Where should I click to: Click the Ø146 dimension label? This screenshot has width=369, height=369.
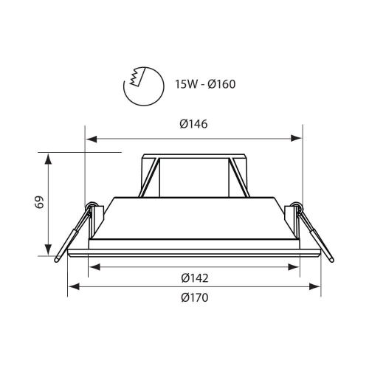pyautogui.click(x=193, y=125)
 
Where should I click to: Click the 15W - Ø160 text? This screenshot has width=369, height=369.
pyautogui.click(x=205, y=83)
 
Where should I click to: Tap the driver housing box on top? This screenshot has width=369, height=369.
pyautogui.click(x=194, y=176)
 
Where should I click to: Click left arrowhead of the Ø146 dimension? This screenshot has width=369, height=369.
pyautogui.click(x=90, y=137)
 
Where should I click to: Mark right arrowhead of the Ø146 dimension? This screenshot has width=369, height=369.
pyautogui.click(x=299, y=137)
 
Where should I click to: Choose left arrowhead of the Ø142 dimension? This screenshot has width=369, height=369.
pyautogui.click(x=93, y=267)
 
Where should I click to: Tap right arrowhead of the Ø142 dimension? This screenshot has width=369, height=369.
pyautogui.click(x=296, y=267)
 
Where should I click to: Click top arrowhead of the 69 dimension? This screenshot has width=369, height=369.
pyautogui.click(x=49, y=157)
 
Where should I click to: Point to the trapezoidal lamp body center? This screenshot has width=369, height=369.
pyautogui.click(x=194, y=218)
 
